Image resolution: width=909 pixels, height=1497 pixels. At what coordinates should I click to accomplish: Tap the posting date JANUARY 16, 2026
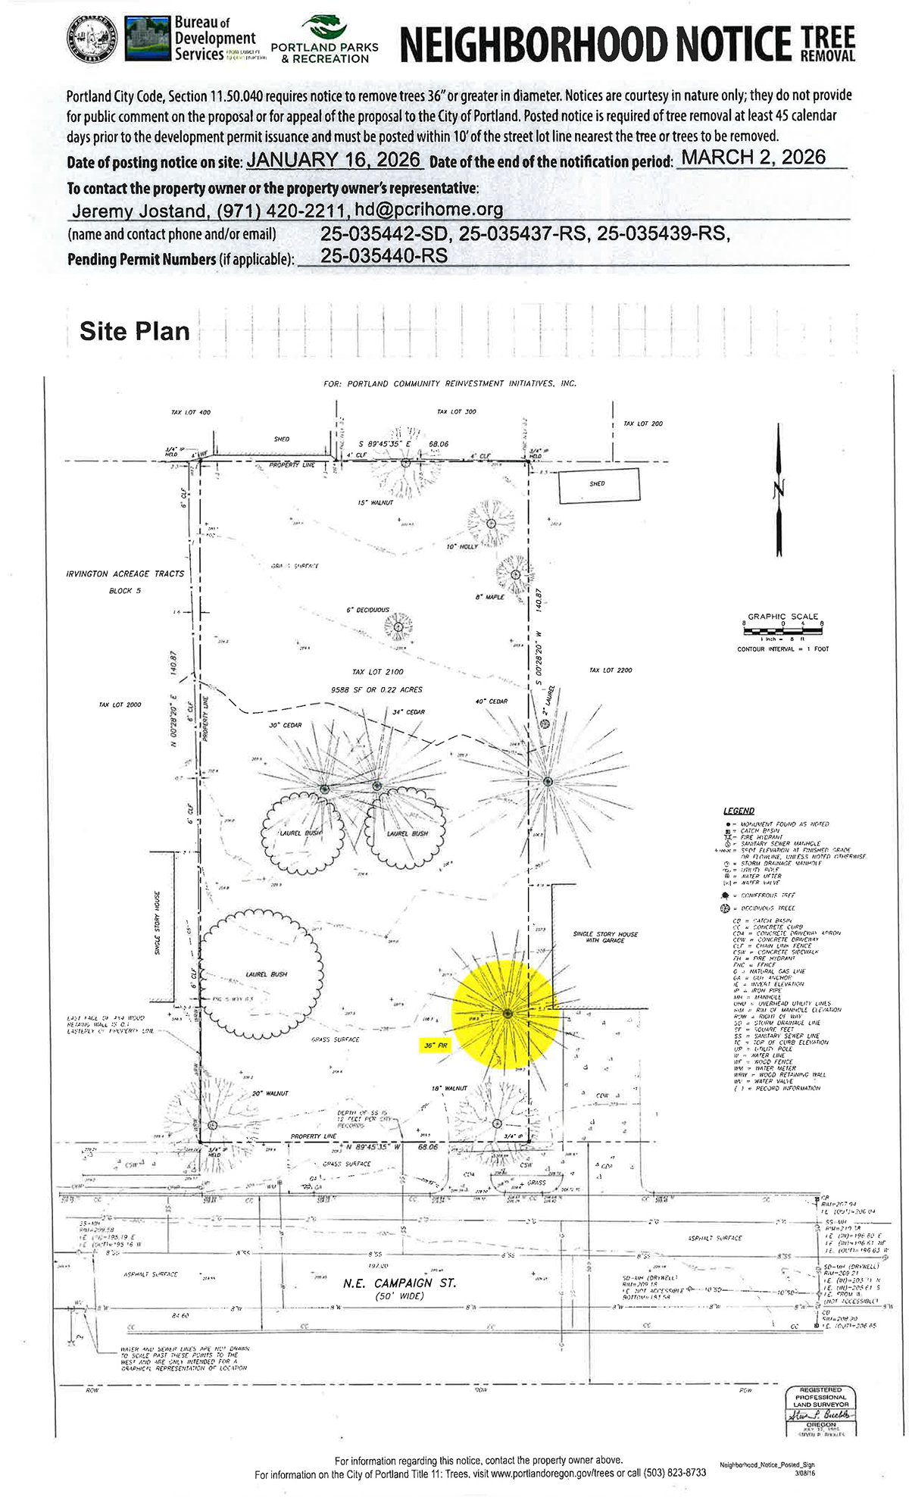[334, 160]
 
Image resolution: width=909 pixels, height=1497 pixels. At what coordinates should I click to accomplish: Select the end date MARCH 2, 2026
[754, 157]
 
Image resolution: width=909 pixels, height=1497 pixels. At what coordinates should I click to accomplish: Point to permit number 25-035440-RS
[384, 256]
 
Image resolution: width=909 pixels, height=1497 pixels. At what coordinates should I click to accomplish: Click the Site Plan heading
[135, 331]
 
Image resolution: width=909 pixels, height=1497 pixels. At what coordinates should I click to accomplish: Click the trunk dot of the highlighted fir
[507, 1014]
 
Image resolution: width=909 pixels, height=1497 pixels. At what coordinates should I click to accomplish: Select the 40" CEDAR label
[491, 702]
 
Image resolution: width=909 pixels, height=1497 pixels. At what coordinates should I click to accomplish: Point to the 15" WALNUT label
[376, 503]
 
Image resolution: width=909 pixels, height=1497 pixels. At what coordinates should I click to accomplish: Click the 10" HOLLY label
[462, 546]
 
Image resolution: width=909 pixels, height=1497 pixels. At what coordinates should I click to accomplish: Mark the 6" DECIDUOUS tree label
[367, 610]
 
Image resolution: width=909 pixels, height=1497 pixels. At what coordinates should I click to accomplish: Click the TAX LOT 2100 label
[378, 672]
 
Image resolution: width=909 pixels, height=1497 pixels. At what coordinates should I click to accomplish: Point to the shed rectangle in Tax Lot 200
[598, 485]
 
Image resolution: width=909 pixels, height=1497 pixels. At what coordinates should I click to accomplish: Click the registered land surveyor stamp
[820, 1408]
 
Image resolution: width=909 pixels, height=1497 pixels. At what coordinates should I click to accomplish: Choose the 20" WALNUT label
[270, 1093]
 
